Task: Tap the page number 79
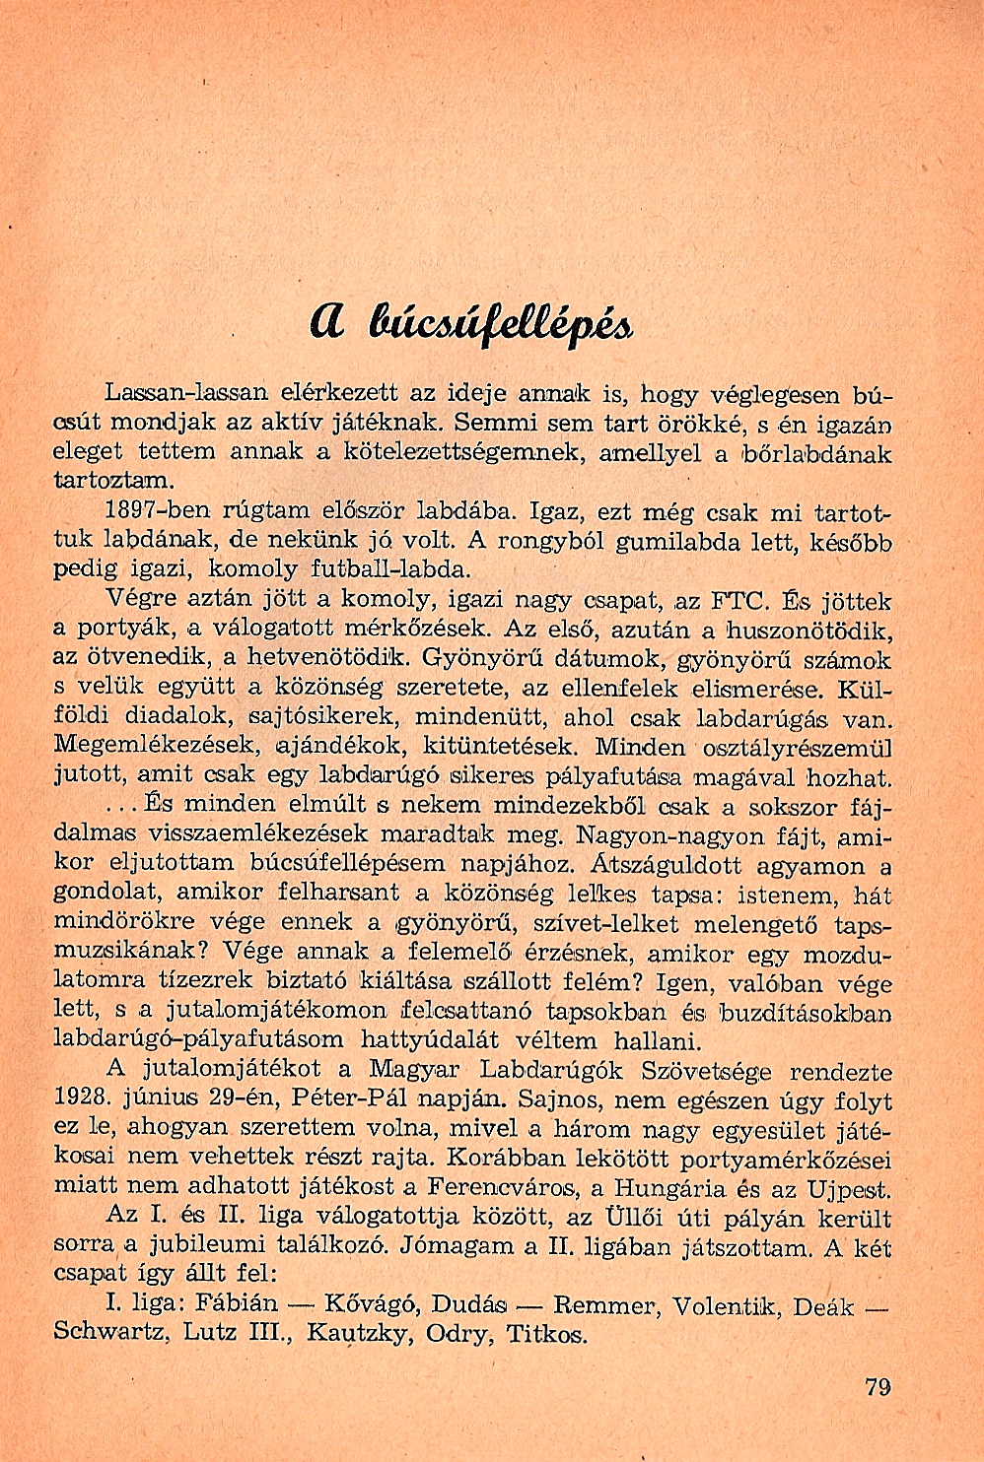coord(877,1387)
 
